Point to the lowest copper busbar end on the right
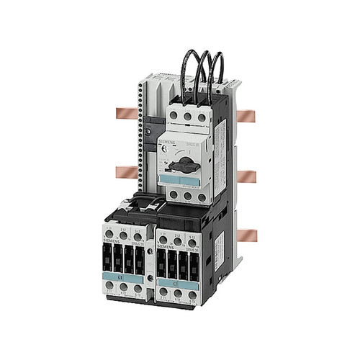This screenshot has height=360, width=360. click(x=245, y=235)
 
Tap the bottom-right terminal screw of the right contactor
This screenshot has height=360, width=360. click(x=192, y=286)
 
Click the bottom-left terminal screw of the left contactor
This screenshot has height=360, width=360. click(x=110, y=286)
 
